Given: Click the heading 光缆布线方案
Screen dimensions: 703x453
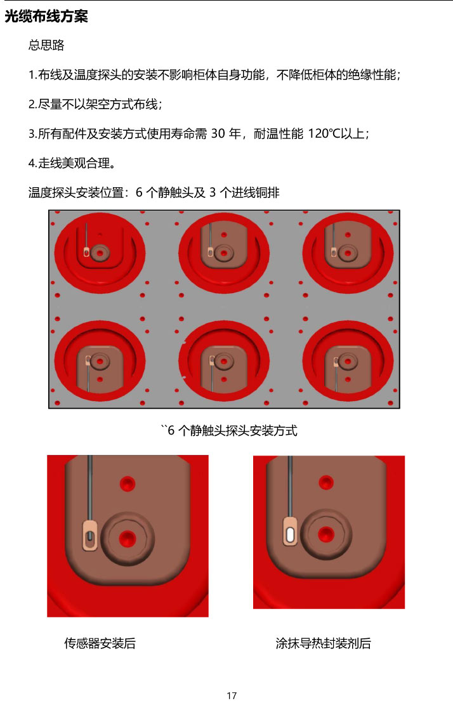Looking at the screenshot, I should coord(46,17).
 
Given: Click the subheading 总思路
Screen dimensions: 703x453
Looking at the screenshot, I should coord(46,46).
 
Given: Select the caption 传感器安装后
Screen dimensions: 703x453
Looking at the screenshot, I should coord(100,643).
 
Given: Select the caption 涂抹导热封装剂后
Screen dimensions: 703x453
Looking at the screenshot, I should coord(323,643).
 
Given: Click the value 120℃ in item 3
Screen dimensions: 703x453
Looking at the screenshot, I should coord(324,134).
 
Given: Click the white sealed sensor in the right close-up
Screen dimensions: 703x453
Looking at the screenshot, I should coord(290,531).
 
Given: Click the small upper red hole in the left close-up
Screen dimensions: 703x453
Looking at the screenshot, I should coord(128,484).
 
